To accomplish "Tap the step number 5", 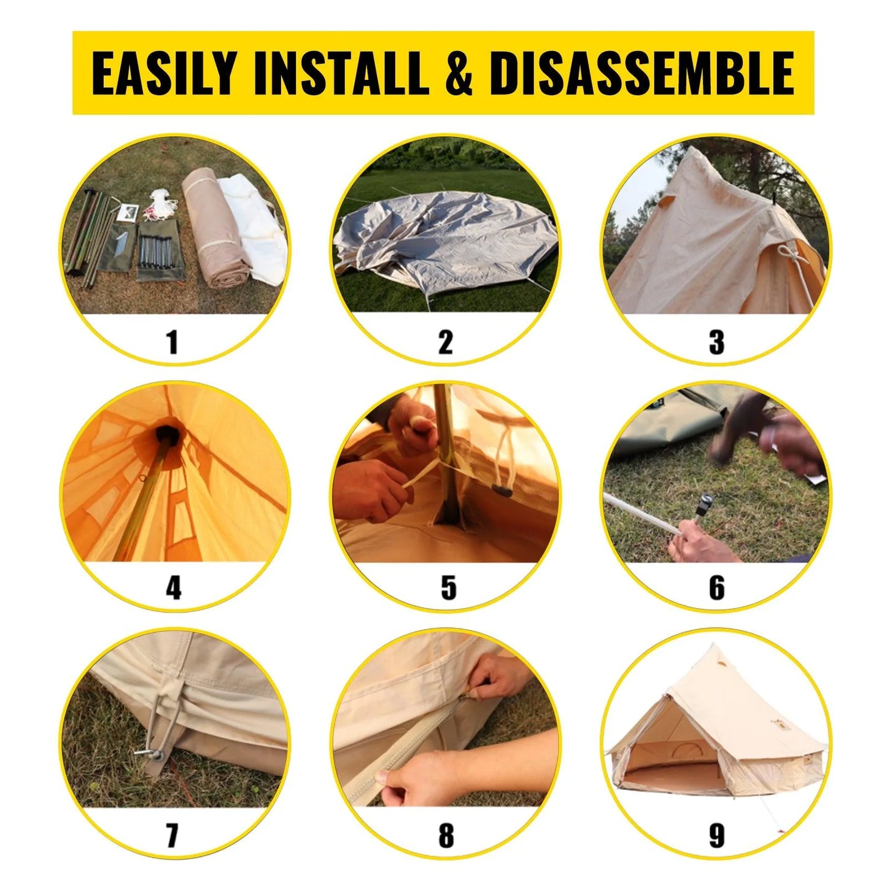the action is click(448, 587).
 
